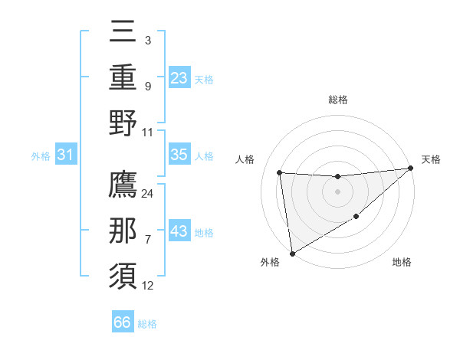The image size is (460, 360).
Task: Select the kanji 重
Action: (123, 77)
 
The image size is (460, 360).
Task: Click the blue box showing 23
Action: (179, 77)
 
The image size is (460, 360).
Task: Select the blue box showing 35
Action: (179, 155)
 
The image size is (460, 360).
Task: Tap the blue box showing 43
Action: (179, 231)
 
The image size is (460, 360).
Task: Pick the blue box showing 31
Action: (65, 155)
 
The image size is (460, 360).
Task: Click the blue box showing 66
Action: (122, 322)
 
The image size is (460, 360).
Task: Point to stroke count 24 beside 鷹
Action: (148, 193)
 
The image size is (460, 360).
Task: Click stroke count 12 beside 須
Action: (148, 286)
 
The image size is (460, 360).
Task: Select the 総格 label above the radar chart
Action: (337, 100)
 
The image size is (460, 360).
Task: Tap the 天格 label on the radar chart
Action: (432, 159)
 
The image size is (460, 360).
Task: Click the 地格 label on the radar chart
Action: (402, 263)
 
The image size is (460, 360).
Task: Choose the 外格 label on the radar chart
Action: (270, 263)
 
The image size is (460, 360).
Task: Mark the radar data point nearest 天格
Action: (410, 169)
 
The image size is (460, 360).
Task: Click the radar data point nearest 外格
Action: (291, 253)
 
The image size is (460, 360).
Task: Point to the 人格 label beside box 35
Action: (204, 155)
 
